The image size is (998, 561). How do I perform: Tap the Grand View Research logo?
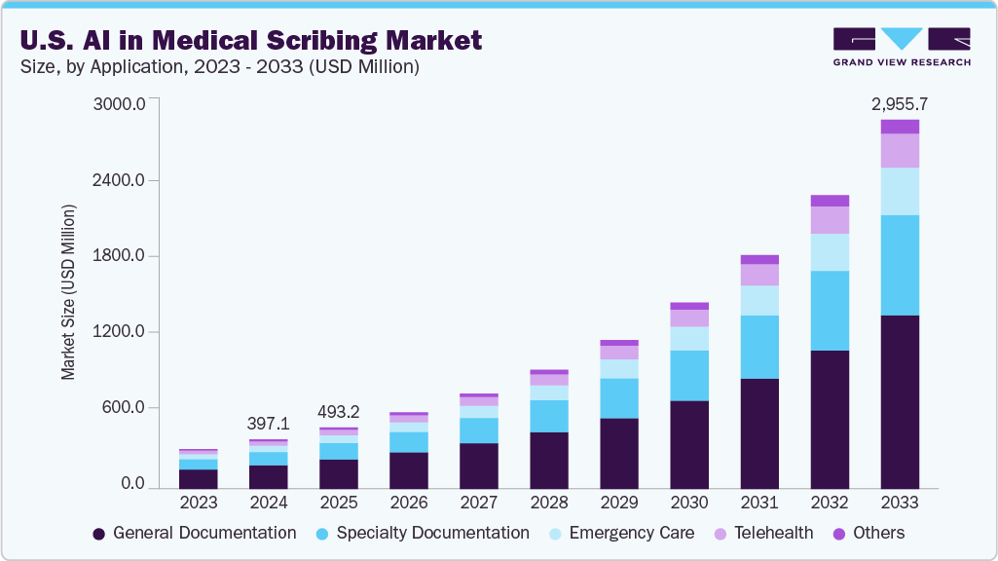pyautogui.click(x=901, y=46)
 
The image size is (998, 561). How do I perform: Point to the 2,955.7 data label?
pyautogui.click(x=900, y=103)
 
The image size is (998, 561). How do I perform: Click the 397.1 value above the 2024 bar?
pyautogui.click(x=269, y=425)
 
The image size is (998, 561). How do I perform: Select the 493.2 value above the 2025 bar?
pyautogui.click(x=339, y=412)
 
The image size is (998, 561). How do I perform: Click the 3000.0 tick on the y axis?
pyautogui.click(x=118, y=104)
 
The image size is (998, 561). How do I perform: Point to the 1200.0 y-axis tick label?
pyautogui.click(x=118, y=332)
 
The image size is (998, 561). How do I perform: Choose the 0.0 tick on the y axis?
pyautogui.click(x=131, y=484)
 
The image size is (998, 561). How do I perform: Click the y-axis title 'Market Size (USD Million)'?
pyautogui.click(x=68, y=292)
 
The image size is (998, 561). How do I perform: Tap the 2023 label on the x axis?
pyautogui.click(x=199, y=503)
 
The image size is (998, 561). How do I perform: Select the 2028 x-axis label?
pyautogui.click(x=549, y=503)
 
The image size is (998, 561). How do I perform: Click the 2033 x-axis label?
pyautogui.click(x=900, y=503)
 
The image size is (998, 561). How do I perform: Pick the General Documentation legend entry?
pyautogui.click(x=195, y=533)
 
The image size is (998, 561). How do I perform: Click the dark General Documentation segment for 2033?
pyautogui.click(x=900, y=401)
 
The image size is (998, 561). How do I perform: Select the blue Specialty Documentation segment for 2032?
pyautogui.click(x=830, y=311)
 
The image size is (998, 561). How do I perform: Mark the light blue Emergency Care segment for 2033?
pyautogui.click(x=900, y=191)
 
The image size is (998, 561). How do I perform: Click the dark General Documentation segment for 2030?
pyautogui.click(x=689, y=444)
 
